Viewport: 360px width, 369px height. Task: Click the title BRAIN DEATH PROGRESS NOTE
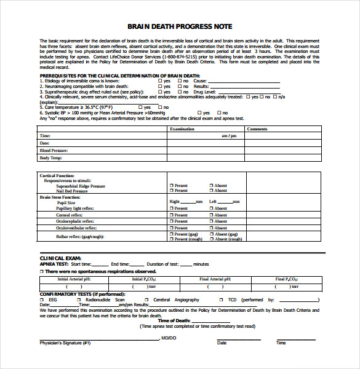(180, 26)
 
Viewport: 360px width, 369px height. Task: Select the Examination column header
(182, 129)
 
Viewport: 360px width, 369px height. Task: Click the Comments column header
(257, 129)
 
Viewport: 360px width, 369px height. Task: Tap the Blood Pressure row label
(54, 150)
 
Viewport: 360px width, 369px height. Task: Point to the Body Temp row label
(51, 158)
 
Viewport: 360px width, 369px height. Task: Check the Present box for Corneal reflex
(171, 215)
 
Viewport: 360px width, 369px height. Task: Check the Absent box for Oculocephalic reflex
(211, 221)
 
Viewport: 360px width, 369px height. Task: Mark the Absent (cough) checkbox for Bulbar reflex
(211, 239)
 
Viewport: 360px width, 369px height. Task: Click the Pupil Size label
(66, 202)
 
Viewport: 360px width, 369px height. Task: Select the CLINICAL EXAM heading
(60, 258)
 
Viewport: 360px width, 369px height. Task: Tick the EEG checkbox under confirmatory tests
(42, 300)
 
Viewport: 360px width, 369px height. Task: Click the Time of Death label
(174, 320)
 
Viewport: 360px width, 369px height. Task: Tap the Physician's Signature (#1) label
(65, 343)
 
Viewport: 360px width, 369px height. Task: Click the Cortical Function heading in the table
(58, 176)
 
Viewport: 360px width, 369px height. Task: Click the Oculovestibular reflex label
(75, 228)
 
